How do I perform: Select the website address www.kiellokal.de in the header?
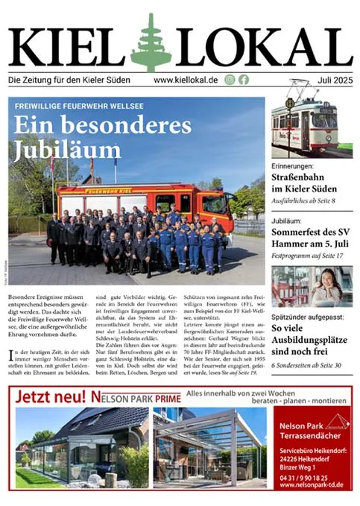[186, 80]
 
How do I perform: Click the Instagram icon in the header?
[230, 80]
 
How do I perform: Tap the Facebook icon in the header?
[244, 80]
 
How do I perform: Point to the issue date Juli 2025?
[332, 80]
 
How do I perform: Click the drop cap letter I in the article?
[11, 353]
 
